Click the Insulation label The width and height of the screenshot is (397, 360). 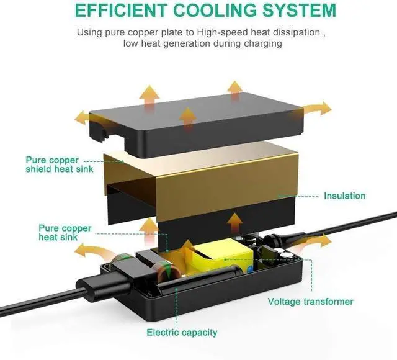(x=344, y=196)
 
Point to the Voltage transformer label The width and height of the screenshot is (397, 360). (x=310, y=302)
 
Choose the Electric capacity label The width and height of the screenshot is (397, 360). (x=182, y=332)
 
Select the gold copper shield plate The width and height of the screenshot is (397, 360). (x=205, y=177)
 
